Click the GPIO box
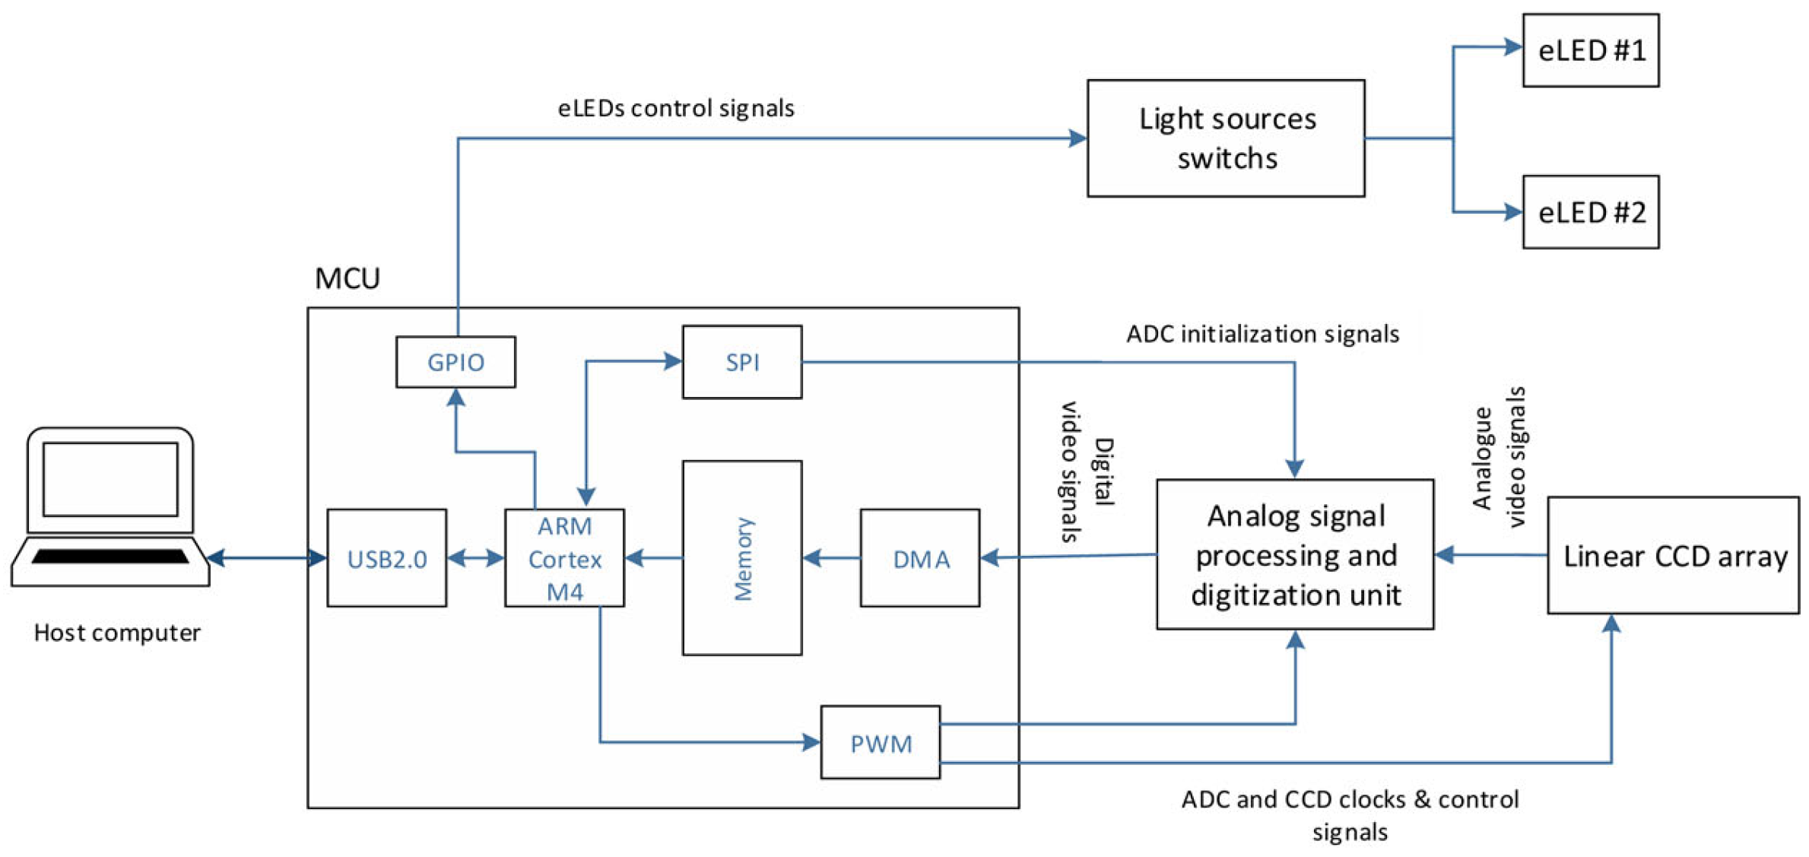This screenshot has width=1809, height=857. (x=455, y=362)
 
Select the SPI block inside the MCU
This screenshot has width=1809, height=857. (x=742, y=362)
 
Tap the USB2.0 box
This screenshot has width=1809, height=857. (x=387, y=558)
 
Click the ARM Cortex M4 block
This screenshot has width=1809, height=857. (x=565, y=558)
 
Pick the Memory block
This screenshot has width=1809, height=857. (x=742, y=558)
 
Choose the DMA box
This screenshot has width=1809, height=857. (x=920, y=558)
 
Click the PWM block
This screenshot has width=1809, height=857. (x=881, y=742)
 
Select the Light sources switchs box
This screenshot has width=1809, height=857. (x=1226, y=138)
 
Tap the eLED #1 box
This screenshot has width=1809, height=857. (x=1591, y=50)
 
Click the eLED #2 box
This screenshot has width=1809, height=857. (x=1591, y=212)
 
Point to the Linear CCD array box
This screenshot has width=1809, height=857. (x=1674, y=555)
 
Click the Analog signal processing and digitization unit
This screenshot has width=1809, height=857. (x=1296, y=554)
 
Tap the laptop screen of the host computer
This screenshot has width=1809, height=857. (x=110, y=480)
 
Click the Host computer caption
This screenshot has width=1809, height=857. (x=117, y=633)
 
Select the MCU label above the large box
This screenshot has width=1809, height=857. (x=348, y=278)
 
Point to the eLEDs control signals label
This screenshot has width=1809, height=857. (x=676, y=108)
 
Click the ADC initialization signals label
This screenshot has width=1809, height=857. (x=1262, y=334)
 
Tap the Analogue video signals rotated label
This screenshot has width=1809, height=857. (x=1500, y=457)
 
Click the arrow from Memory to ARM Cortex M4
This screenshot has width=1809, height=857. (x=654, y=558)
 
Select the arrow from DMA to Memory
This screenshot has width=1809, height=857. (x=832, y=558)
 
